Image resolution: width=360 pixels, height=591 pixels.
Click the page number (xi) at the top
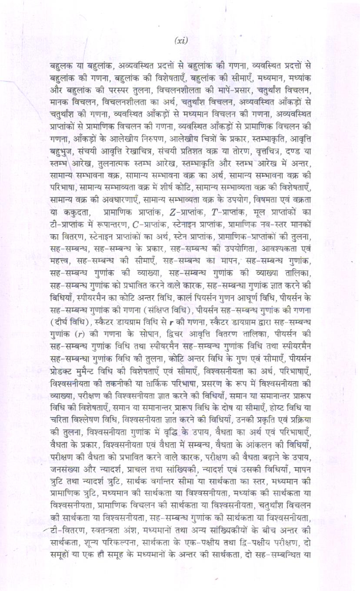click(x=180, y=40)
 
